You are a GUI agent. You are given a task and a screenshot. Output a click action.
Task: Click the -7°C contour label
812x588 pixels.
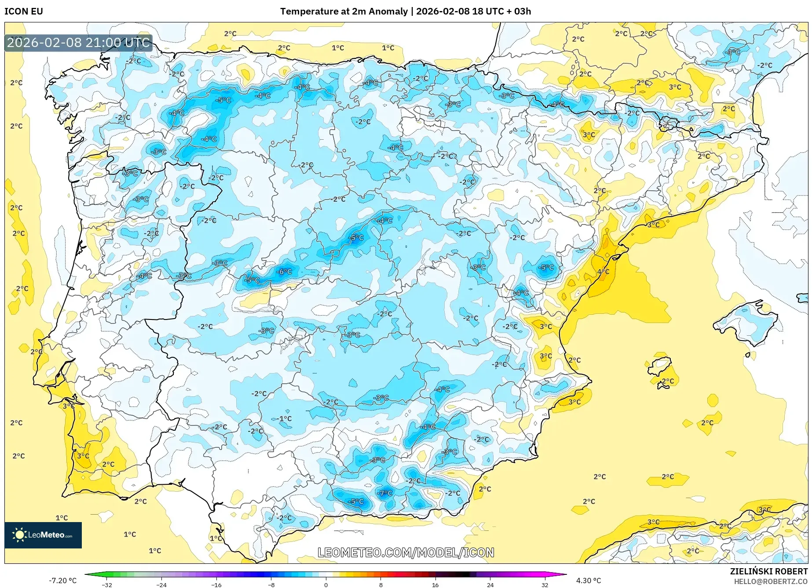coord(385,493)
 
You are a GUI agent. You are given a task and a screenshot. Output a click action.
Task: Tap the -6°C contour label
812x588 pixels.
coord(284,272)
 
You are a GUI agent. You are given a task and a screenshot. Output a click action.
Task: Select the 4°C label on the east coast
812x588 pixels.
coord(603,272)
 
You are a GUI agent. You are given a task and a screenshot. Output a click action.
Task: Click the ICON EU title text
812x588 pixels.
coord(24,11)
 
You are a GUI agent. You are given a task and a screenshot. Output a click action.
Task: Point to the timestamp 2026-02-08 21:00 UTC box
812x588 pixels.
coord(78,43)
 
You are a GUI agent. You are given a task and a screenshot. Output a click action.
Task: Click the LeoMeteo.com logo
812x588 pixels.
coord(43,535)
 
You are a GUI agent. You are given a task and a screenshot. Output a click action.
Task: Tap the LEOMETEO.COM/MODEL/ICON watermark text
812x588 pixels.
coord(406,552)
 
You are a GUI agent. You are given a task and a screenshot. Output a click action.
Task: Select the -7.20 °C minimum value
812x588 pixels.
coord(62,581)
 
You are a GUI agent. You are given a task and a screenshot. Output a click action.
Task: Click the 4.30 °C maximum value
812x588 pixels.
coord(588,581)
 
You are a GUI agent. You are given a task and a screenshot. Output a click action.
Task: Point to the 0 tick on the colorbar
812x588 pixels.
coord(326,584)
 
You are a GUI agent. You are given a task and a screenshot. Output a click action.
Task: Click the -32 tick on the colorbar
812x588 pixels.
coord(107,584)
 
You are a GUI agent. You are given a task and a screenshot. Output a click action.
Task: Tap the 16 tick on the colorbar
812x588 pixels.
coord(435,584)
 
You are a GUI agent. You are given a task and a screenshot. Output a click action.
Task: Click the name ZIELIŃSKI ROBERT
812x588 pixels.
coord(768,572)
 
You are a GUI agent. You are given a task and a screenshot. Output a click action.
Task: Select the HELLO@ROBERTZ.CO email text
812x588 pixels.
coord(770,581)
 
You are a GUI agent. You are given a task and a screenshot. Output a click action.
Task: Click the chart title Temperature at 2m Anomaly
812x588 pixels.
coord(344,11)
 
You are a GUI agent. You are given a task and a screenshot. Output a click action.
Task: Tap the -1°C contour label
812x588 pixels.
coord(285,419)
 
